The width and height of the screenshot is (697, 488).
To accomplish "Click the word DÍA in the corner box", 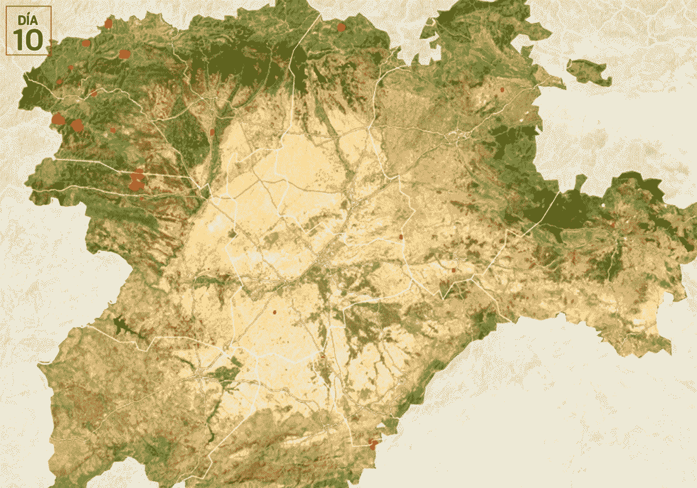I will click(28, 20).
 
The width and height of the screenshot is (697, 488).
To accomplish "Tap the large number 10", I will click(28, 40).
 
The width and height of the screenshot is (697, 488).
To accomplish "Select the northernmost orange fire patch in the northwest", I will click(108, 24).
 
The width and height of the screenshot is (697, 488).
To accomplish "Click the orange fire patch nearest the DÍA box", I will click(87, 42).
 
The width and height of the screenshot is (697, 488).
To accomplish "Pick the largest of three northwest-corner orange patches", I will click(124, 54).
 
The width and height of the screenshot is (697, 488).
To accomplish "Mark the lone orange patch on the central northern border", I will click(341, 27).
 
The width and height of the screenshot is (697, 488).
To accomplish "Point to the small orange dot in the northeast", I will click(502, 90).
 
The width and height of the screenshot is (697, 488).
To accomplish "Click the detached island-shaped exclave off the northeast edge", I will click(588, 71).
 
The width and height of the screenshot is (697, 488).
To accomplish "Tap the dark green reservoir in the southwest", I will click(125, 327).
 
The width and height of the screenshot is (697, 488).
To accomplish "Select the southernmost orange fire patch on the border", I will click(372, 444).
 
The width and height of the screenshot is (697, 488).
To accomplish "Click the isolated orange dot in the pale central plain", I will click(275, 312).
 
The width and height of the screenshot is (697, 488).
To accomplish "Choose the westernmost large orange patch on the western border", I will click(58, 120).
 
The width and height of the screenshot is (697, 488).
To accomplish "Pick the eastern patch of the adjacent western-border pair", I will click(77, 125).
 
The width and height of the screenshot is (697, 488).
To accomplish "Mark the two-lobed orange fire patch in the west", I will click(136, 180).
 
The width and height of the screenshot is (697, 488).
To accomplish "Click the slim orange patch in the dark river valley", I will click(213, 132).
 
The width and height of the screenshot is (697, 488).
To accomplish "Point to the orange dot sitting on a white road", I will click(401, 236).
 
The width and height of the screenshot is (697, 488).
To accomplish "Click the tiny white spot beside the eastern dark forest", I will click(603, 205).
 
